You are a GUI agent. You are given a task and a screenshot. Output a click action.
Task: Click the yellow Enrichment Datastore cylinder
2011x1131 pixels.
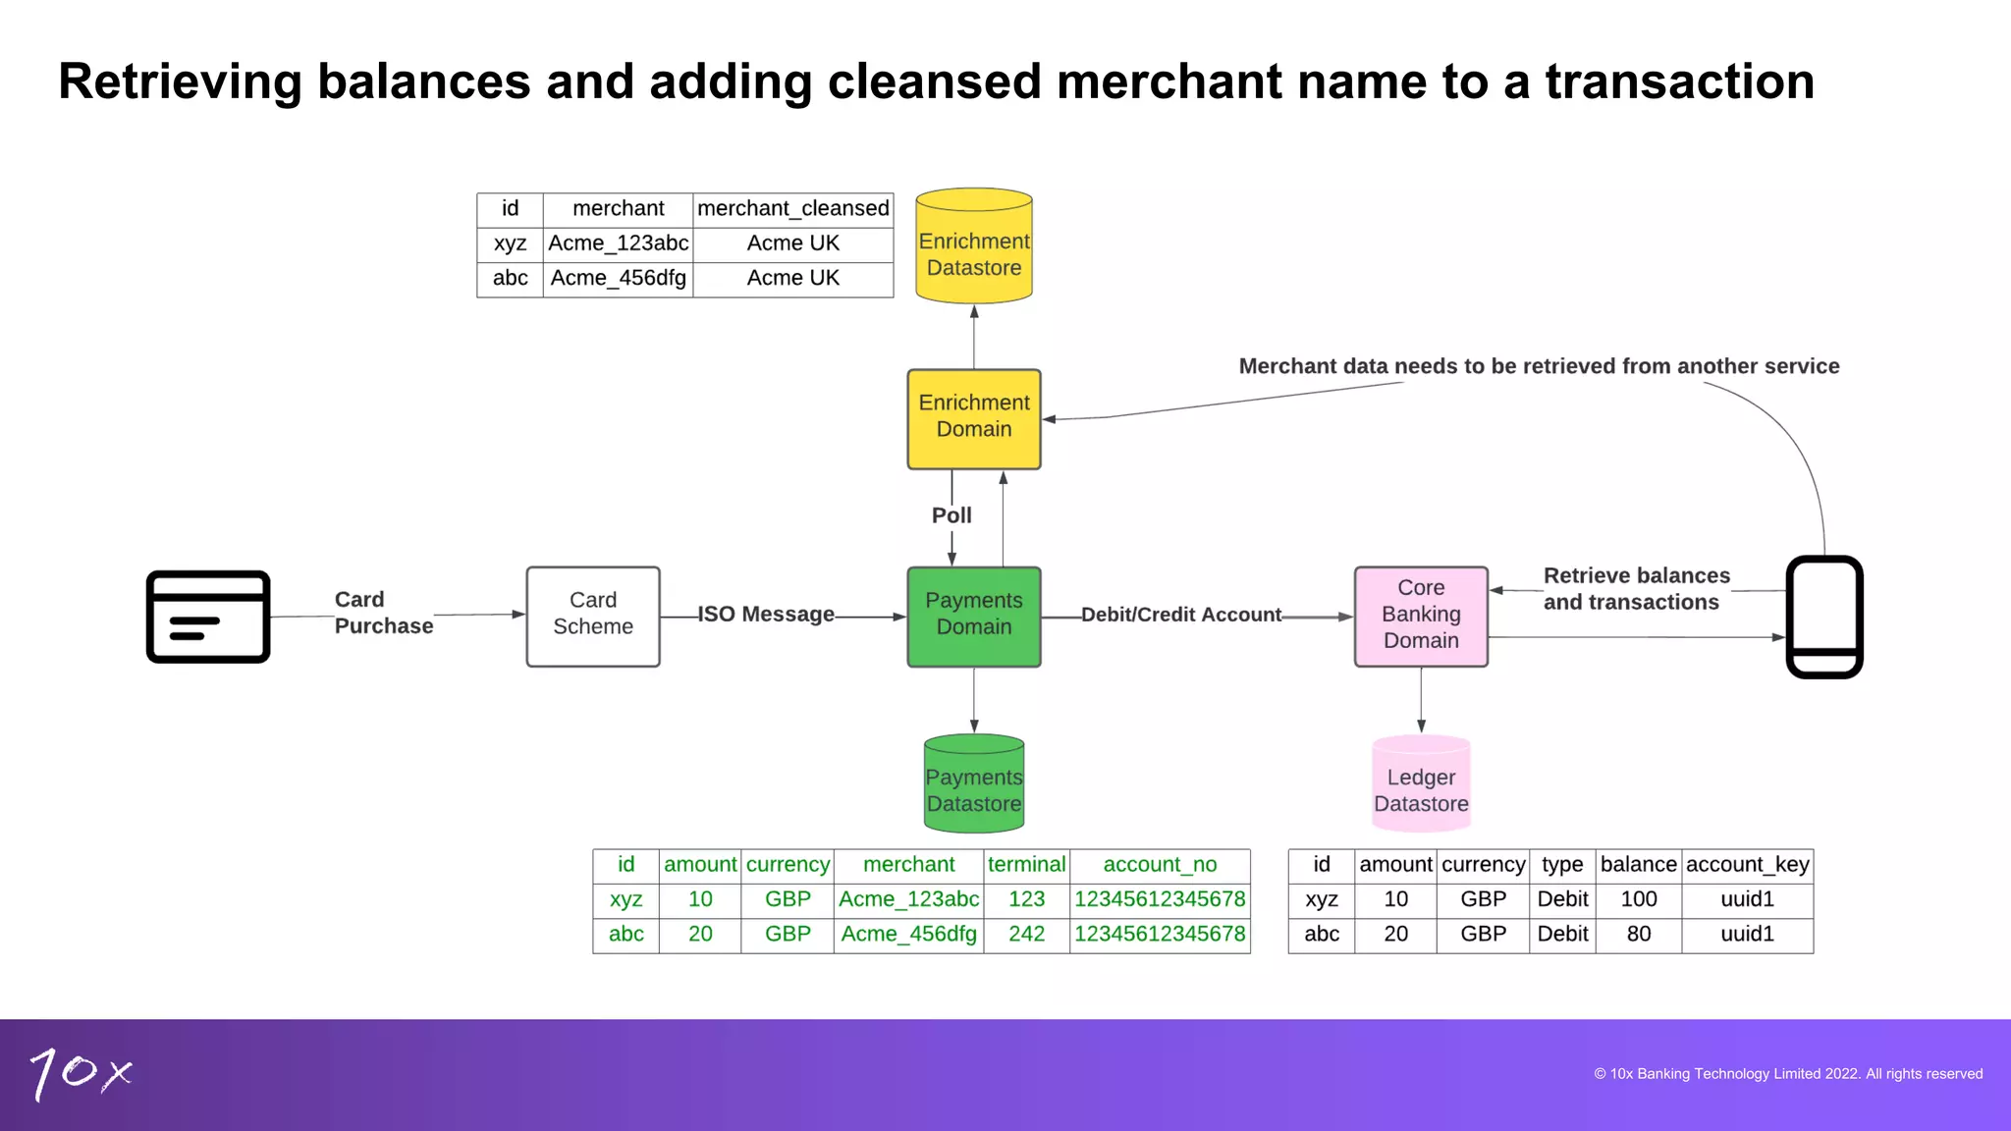tap(973, 247)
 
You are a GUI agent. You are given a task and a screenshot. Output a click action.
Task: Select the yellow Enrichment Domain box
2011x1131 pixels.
tap(973, 418)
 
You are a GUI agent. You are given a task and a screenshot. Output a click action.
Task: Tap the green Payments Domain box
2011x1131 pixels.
tap(973, 616)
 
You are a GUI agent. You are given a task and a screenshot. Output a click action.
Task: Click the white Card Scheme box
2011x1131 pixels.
tap(593, 616)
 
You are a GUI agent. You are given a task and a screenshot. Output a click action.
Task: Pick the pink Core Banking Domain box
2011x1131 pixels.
tap(1420, 616)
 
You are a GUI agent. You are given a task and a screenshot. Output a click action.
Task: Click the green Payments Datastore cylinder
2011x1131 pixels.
tap(973, 785)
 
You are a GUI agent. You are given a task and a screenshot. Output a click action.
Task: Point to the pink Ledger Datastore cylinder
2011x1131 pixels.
tap(1420, 785)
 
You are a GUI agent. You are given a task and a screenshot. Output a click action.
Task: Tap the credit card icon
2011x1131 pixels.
tap(208, 617)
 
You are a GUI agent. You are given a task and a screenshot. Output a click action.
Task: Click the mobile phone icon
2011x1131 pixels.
tap(1823, 617)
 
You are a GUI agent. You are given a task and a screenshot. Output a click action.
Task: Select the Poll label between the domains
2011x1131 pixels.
tap(951, 515)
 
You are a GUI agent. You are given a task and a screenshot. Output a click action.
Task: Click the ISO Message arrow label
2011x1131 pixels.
tap(766, 615)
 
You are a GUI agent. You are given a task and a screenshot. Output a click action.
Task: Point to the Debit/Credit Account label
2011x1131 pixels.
tap(1180, 615)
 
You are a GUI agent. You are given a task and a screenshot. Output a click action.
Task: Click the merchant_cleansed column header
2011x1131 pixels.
tap(792, 209)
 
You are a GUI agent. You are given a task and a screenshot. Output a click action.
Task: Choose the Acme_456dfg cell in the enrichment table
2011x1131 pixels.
tap(618, 279)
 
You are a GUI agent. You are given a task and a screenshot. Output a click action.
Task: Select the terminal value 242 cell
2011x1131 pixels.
tap(1026, 934)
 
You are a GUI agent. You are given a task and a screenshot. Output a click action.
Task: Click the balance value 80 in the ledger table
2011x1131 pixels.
tap(1638, 934)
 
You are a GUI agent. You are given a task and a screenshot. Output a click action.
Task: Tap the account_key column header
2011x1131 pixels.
tap(1747, 865)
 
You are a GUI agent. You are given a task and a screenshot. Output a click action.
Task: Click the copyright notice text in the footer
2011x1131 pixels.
tap(1787, 1074)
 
